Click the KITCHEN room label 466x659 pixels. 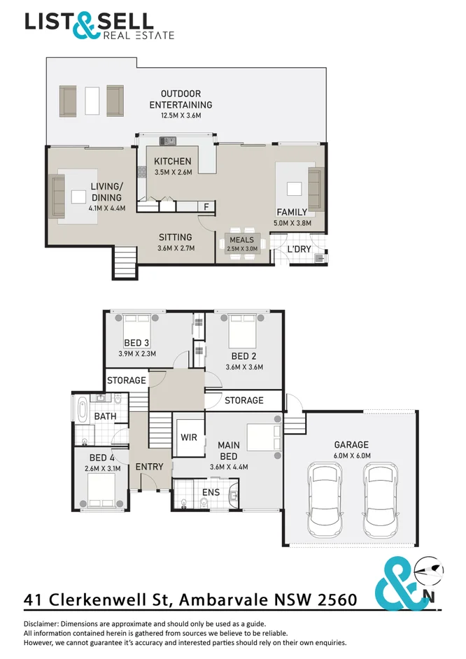point(172,162)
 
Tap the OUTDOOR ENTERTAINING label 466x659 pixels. point(181,99)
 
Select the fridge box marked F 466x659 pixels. point(206,206)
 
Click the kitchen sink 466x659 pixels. point(167,141)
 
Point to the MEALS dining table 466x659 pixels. point(242,243)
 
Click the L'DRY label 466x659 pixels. point(299,249)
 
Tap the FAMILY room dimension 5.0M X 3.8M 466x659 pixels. point(292,223)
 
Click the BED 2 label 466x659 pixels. point(243,356)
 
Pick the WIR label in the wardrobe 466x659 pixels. point(189,437)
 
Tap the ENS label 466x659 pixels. point(211,492)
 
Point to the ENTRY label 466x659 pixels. point(149,467)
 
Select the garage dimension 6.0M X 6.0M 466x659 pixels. point(352,455)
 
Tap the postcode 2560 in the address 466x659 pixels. point(337,600)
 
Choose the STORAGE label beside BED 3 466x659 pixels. point(127,381)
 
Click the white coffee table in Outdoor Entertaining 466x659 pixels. point(92,101)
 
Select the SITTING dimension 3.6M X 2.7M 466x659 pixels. point(176,248)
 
